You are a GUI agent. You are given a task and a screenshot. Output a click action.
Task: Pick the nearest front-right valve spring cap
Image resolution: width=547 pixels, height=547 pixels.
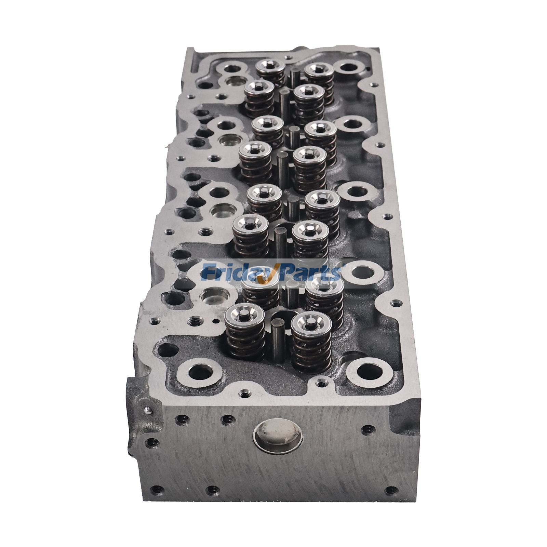point(311,322)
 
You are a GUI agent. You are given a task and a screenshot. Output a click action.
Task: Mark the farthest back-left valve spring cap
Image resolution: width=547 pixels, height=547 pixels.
point(270,64)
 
